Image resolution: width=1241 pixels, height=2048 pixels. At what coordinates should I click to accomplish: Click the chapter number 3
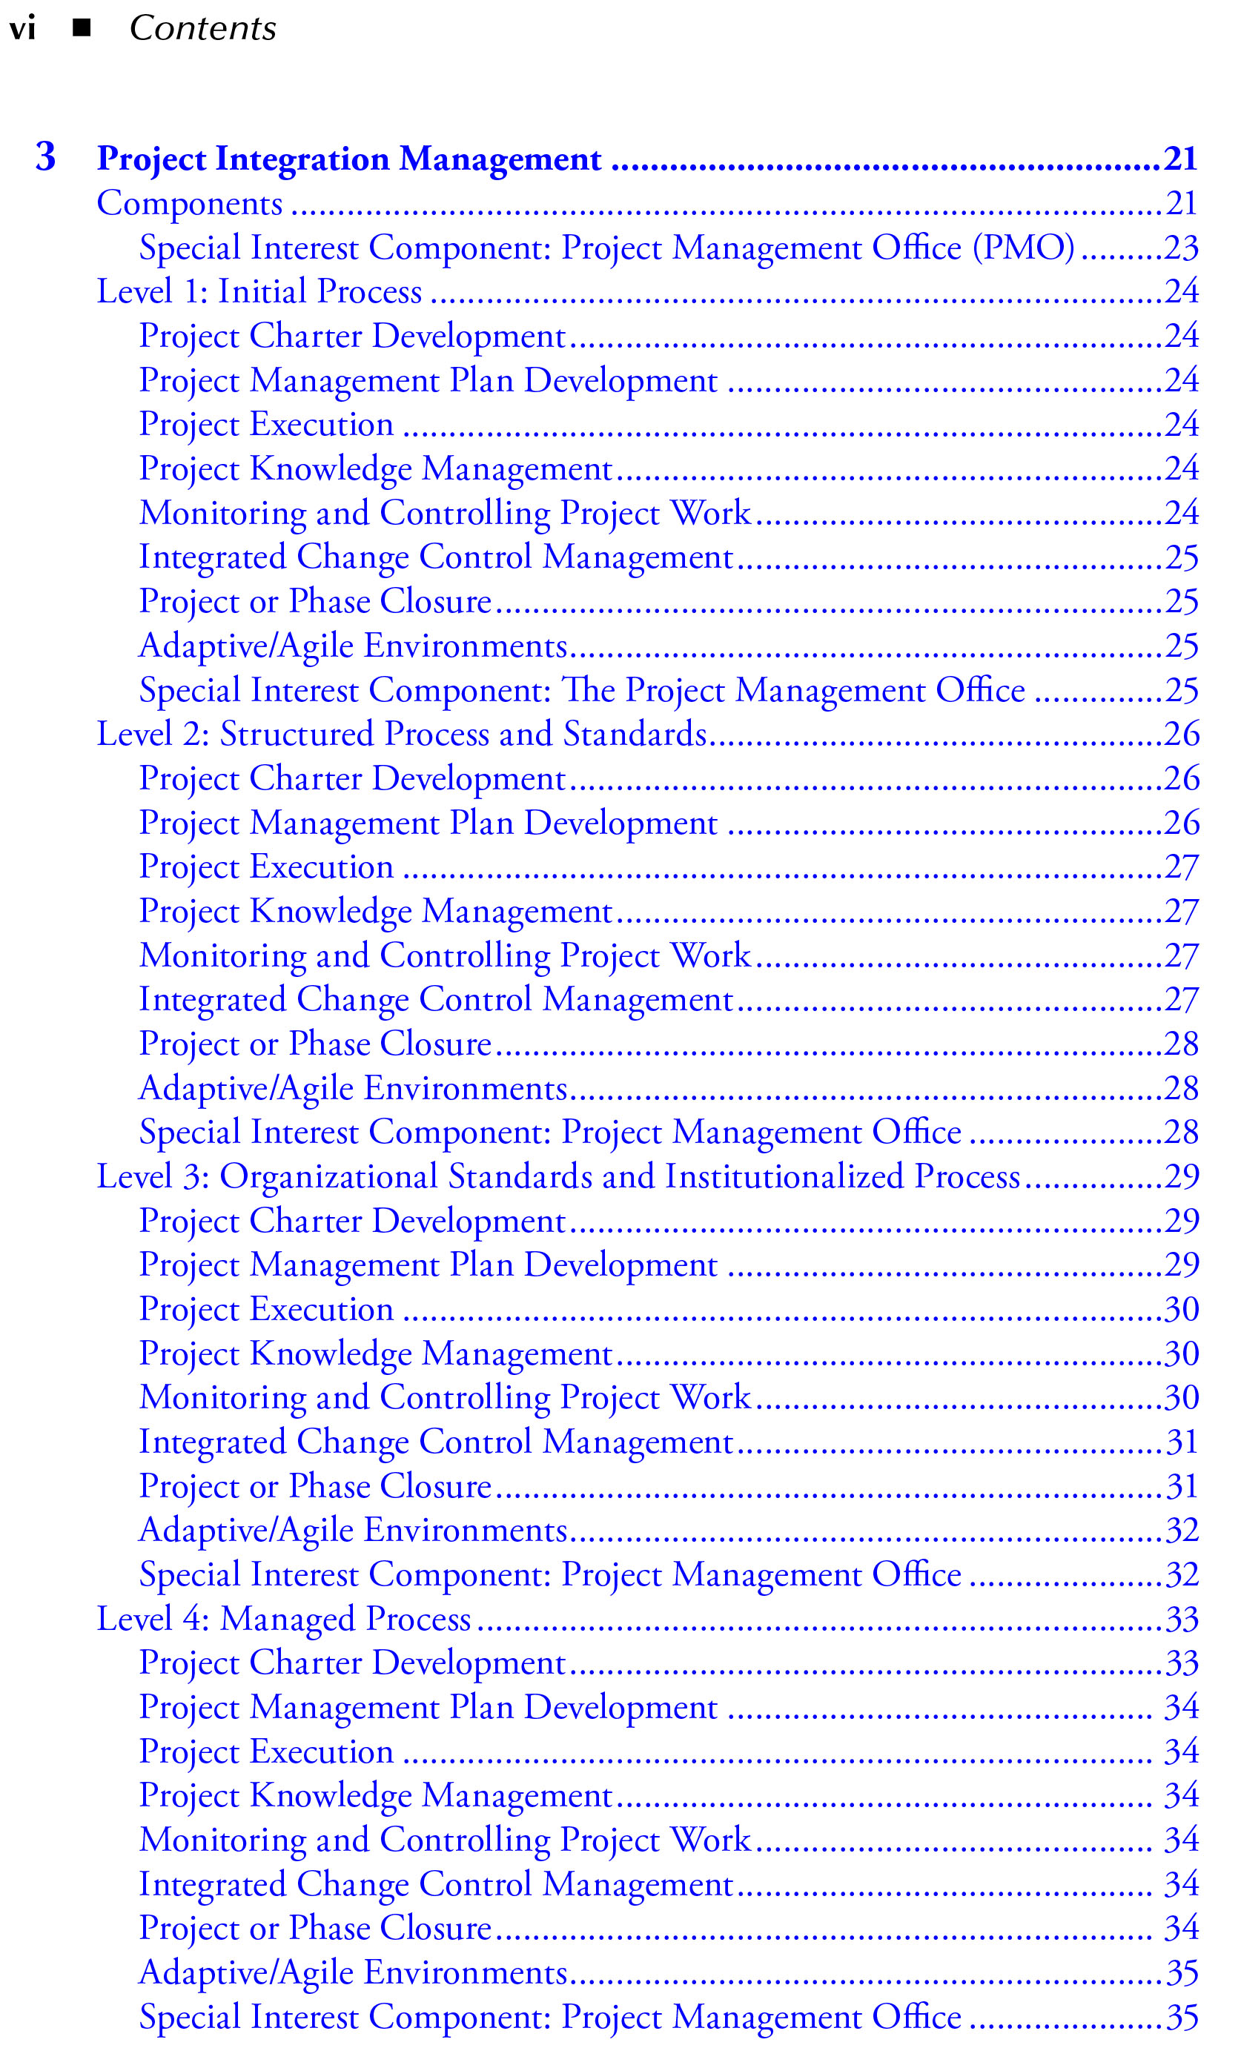(46, 157)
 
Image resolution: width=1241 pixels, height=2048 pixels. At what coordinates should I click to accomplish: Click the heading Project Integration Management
(349, 159)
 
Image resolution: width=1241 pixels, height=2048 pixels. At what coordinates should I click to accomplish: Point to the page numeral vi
(22, 29)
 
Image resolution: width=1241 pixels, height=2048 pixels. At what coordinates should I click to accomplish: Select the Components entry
(190, 204)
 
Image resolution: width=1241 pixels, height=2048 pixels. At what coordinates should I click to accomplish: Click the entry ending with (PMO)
(606, 248)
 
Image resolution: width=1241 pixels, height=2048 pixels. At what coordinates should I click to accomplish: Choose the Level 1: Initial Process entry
(259, 292)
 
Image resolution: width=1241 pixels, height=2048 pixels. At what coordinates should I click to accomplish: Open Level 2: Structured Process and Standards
(402, 734)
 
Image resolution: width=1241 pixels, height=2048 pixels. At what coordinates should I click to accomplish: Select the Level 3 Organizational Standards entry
(557, 1176)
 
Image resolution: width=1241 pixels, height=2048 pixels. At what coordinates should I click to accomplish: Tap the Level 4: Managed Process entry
(283, 1618)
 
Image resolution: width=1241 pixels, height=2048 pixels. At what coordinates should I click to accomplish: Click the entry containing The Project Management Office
(582, 690)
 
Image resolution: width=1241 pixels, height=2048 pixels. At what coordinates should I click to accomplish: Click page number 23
(1180, 248)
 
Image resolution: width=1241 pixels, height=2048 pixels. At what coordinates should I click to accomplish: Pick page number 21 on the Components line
(1180, 204)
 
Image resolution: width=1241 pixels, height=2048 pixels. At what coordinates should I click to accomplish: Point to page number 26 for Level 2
(1181, 734)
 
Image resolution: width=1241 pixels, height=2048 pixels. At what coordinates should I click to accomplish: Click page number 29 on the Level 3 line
(1181, 1176)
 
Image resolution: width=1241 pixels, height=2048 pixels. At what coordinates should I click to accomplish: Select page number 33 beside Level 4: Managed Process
(1181, 1618)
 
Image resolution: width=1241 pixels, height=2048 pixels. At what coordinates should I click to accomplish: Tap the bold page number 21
(1180, 159)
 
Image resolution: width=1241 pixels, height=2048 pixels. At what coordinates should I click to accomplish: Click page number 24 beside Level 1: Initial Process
(1181, 292)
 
